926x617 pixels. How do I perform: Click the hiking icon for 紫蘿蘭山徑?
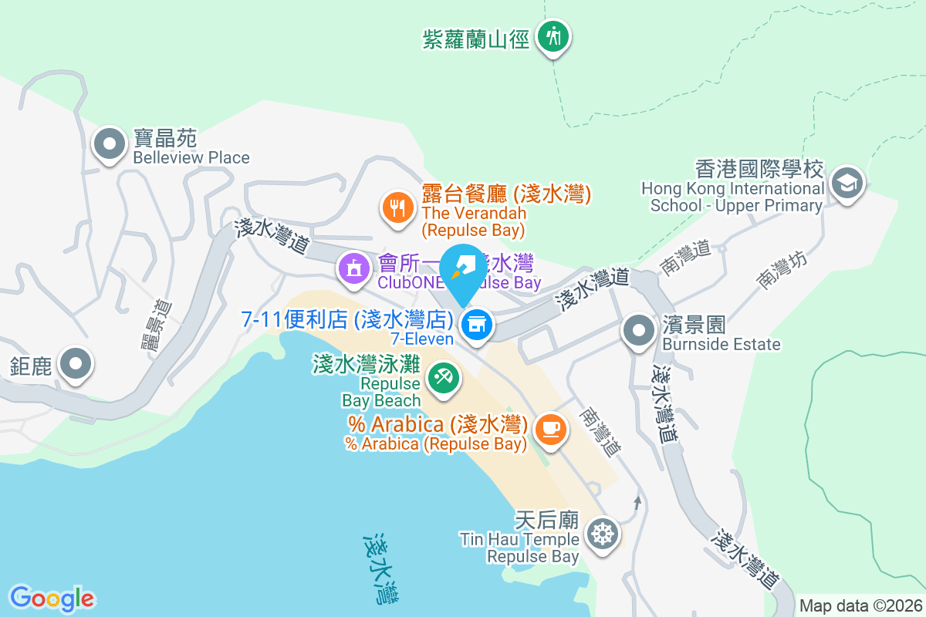[553, 35]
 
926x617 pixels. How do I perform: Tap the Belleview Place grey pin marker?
[110, 144]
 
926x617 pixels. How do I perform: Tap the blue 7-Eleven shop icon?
[477, 324]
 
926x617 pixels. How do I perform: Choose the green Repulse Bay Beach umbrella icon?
[443, 378]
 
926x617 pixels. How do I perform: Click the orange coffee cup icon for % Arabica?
[550, 428]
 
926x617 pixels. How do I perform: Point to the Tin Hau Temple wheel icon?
[603, 534]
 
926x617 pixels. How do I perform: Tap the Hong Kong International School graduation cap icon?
[847, 183]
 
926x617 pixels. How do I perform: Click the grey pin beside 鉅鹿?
[76, 363]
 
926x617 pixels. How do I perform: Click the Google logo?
[52, 598]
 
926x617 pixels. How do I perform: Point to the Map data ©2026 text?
[860, 605]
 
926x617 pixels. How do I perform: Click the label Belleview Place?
[191, 157]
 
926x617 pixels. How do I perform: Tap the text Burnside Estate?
[722, 344]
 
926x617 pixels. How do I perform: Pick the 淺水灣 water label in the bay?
[380, 568]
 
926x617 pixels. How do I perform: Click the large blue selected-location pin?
[463, 274]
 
